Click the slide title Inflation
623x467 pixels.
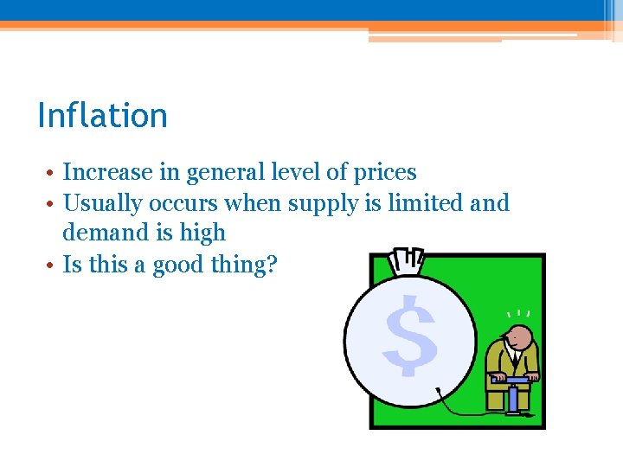[102, 115]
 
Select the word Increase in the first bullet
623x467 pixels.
[107, 173]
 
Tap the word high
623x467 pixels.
[202, 233]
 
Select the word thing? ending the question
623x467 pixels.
[247, 265]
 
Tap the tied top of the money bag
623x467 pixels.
[407, 260]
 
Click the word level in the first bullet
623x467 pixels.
[293, 173]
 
